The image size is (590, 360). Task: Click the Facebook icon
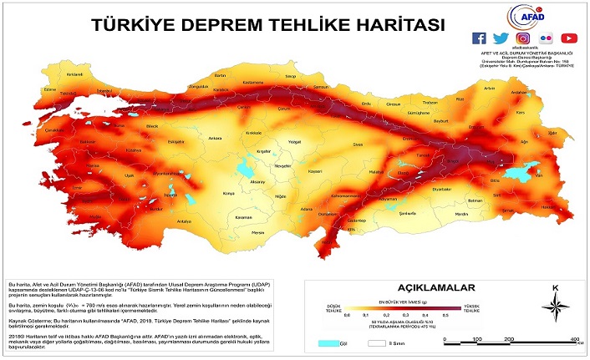(479, 38)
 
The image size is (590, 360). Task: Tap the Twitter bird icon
(501, 38)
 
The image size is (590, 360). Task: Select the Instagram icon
(523, 38)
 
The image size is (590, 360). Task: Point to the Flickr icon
(546, 38)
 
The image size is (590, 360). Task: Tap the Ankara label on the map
(215, 138)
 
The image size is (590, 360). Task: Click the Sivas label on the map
(358, 145)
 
